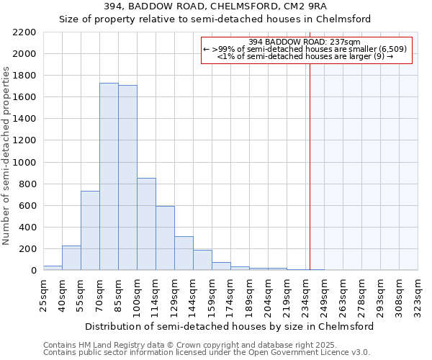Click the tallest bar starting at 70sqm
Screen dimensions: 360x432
[x=109, y=176]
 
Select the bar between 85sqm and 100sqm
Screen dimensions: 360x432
[x=127, y=178]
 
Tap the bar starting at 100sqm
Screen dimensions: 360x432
[x=146, y=224]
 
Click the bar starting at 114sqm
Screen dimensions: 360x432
[x=165, y=238]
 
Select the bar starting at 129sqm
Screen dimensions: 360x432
[x=184, y=253]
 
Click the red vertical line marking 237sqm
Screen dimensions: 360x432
[x=310, y=166]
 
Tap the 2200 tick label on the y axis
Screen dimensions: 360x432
[x=24, y=32]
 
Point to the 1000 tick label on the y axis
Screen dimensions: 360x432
[x=24, y=163]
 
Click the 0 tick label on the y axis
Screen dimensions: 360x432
[x=34, y=271]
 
